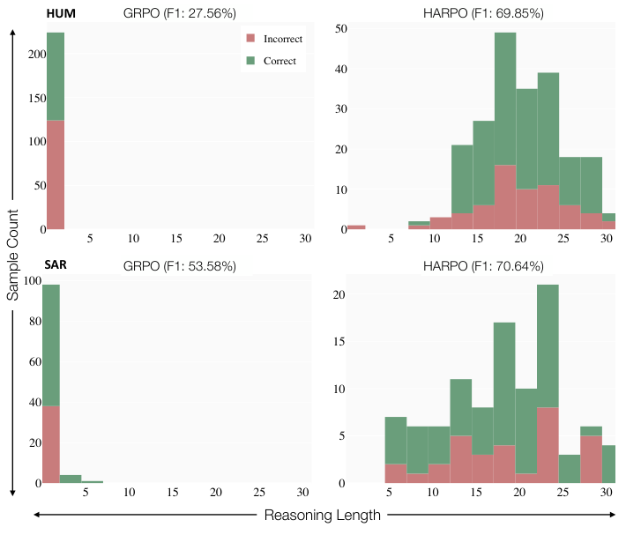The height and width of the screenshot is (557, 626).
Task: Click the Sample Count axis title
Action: click(13, 256)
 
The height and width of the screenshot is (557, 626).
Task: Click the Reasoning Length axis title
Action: click(323, 516)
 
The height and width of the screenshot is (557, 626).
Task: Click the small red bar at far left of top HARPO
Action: click(355, 227)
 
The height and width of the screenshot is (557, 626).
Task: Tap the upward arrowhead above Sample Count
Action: click(13, 31)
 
